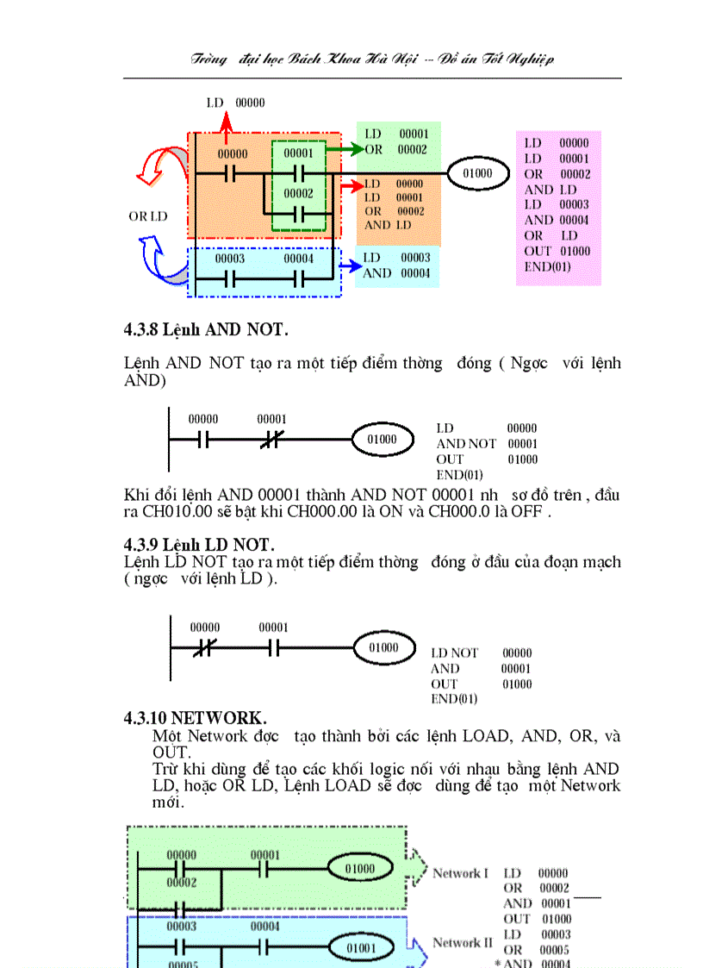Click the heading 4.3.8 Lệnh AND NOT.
[206, 329]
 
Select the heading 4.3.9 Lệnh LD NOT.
[199, 545]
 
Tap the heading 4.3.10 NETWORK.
[196, 718]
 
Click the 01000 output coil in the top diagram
[476, 173]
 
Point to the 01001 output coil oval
[362, 949]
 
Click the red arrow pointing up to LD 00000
[226, 129]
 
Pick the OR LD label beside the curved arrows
[148, 216]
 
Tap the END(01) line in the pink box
[548, 266]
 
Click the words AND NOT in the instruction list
[466, 444]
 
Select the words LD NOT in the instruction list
[454, 653]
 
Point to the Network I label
[460, 873]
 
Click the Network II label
[462, 942]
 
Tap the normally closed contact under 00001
[271, 440]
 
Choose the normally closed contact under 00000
[204, 647]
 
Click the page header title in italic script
[372, 59]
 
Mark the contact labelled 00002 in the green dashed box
[298, 213]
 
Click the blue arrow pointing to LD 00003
[348, 266]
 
